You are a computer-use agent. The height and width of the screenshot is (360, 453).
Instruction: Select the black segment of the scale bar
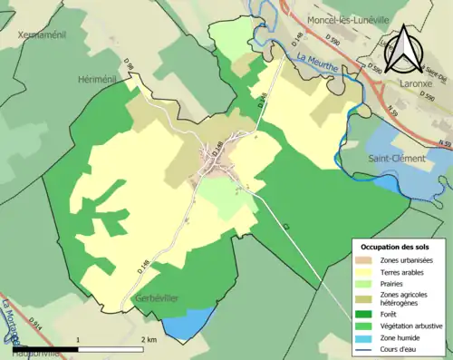(45, 347)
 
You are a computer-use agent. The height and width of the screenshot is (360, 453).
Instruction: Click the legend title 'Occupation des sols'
(395, 247)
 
